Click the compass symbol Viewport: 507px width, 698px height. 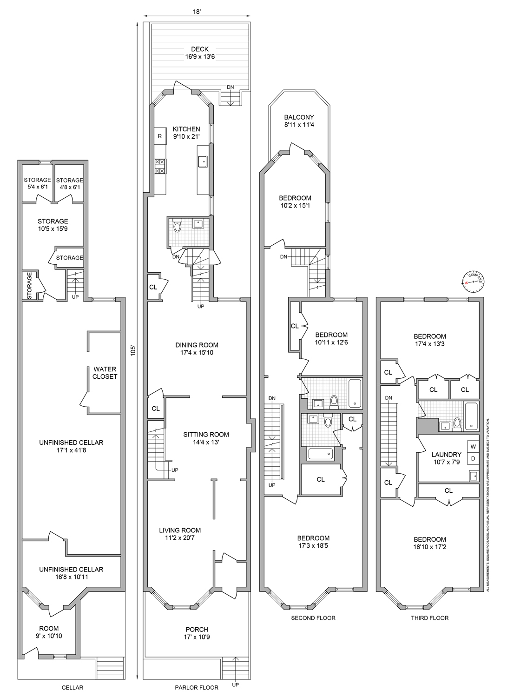[x=473, y=282]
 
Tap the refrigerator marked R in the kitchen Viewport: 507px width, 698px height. [x=160, y=136]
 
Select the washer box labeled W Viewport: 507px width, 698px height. [x=473, y=447]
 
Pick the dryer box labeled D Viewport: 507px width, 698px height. [x=473, y=458]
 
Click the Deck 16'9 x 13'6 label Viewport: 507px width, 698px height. [x=199, y=53]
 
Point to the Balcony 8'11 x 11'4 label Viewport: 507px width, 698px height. [x=299, y=121]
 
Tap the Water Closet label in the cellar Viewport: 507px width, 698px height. [x=105, y=373]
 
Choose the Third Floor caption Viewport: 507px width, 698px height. [x=429, y=618]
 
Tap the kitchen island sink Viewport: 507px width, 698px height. [x=203, y=161]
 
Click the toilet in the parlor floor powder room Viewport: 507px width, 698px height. [x=177, y=226]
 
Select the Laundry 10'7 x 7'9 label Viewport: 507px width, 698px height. [x=446, y=458]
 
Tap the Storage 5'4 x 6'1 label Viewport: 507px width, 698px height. [x=37, y=183]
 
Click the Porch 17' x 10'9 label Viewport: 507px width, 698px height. [x=197, y=633]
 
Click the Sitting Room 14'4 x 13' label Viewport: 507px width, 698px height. [x=206, y=438]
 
